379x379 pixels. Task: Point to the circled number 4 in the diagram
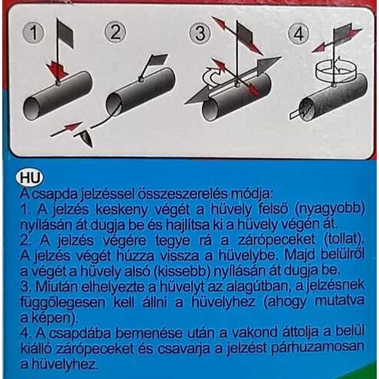tap(296, 33)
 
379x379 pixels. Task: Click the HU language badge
tap(33, 178)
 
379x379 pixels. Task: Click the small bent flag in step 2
tap(158, 60)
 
